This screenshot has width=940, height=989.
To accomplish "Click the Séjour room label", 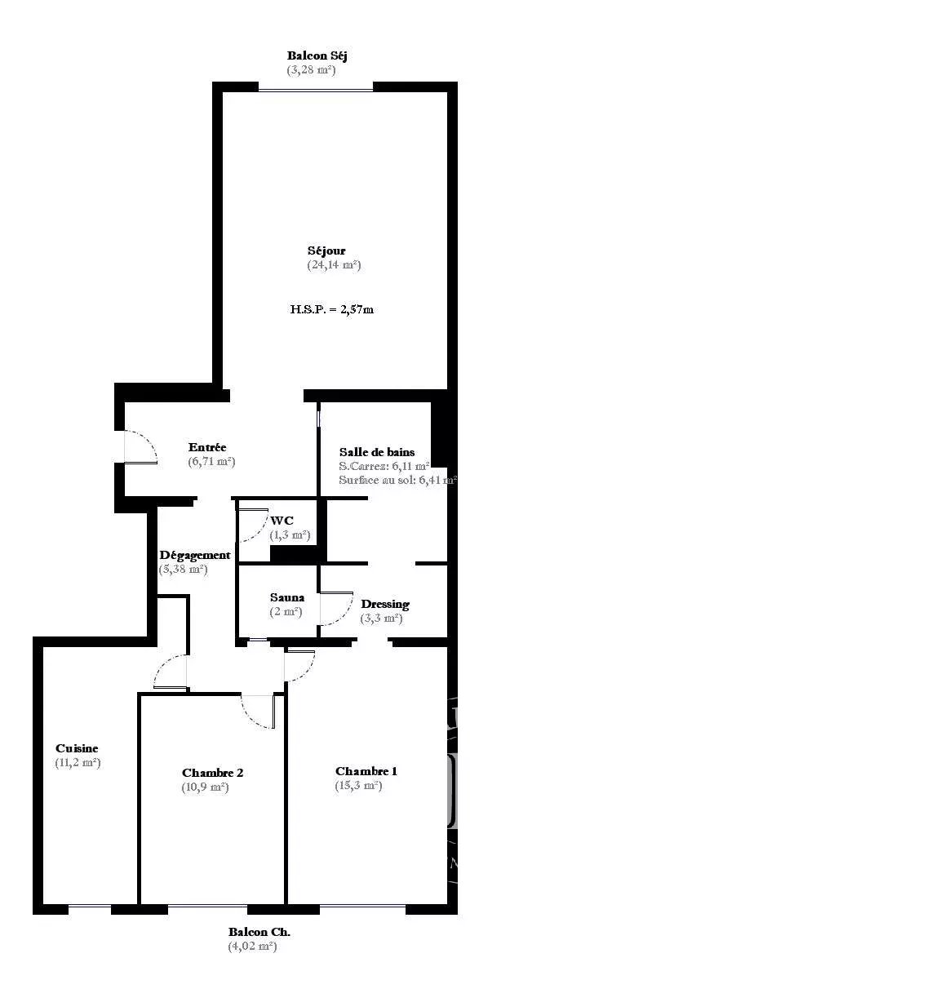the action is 326,251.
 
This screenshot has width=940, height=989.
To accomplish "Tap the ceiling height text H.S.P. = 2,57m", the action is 331,309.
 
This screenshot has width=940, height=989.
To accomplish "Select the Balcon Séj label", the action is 317,55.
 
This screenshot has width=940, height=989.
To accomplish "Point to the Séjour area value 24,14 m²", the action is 334,264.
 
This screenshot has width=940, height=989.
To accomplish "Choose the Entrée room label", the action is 207,447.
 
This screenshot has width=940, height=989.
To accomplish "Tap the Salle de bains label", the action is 377,452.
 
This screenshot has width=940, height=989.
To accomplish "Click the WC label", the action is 282,521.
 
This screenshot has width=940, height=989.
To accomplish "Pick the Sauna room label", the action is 287,597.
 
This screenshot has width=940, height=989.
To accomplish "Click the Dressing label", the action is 385,604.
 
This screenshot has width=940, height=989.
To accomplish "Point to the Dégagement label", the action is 195,556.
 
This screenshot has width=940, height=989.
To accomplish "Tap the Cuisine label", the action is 77,748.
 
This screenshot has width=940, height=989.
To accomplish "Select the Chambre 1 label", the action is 366,771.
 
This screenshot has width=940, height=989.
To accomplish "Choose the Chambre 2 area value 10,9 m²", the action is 206,787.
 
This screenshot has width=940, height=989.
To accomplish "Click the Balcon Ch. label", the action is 259,932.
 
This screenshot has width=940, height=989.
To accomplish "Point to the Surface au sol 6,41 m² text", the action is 397,480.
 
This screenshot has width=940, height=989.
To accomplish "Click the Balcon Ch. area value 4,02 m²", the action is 253,947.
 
